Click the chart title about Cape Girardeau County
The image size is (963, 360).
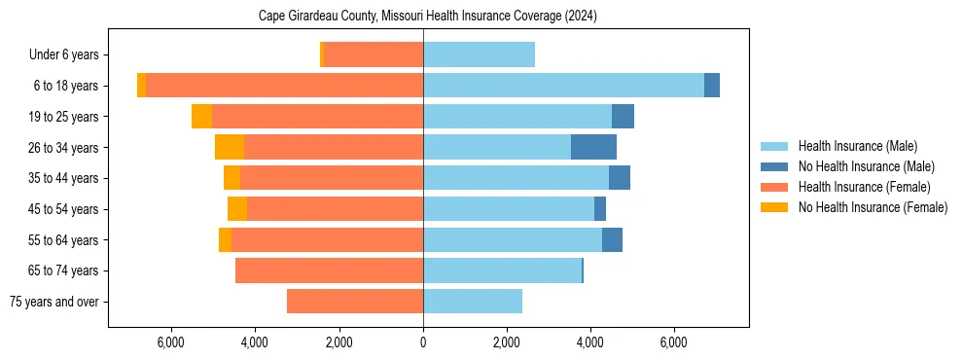pyautogui.click(x=428, y=17)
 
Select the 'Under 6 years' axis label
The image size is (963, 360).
pyautogui.click(x=69, y=55)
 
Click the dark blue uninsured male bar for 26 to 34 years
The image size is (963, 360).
pyautogui.click(x=593, y=147)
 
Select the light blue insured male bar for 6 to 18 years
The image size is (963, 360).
pyautogui.click(x=563, y=86)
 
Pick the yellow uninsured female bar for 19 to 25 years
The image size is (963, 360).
pyautogui.click(x=201, y=117)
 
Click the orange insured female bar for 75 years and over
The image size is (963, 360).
pyautogui.click(x=355, y=302)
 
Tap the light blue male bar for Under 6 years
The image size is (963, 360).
pyautogui.click(x=479, y=55)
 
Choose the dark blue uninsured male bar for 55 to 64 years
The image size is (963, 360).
pyautogui.click(x=612, y=240)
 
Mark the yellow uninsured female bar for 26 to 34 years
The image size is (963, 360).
pyautogui.click(x=230, y=147)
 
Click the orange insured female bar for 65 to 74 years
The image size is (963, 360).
pyautogui.click(x=329, y=270)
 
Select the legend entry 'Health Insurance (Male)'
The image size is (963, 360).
pyautogui.click(x=857, y=146)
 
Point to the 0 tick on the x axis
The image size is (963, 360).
pyautogui.click(x=423, y=342)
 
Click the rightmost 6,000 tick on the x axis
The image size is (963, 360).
pyautogui.click(x=674, y=342)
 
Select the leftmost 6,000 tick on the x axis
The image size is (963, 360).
pyautogui.click(x=170, y=342)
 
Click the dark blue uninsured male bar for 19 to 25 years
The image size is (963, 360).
pyautogui.click(x=623, y=117)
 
